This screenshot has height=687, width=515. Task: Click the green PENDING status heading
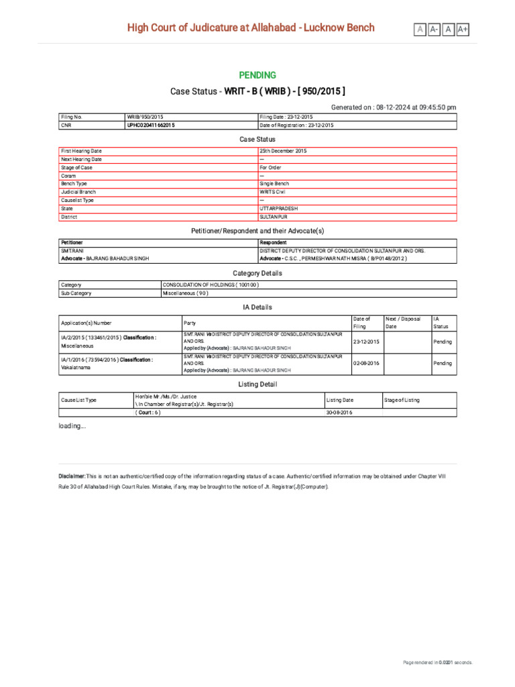[257, 75]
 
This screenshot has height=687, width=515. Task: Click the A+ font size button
[463, 29]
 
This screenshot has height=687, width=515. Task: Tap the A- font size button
[434, 29]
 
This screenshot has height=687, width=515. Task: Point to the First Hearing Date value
[283, 152]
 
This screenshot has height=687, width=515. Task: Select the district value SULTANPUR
[274, 217]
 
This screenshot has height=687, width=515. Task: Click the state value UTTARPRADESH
[279, 209]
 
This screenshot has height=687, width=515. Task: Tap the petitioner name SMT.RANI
[72, 250]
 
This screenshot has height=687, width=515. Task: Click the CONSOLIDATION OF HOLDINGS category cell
[211, 285]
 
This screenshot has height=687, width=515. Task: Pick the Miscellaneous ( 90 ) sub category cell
[186, 293]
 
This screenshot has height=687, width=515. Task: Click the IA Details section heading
[257, 307]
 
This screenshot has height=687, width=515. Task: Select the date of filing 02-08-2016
[366, 363]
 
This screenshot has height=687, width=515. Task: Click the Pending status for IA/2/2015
[443, 341]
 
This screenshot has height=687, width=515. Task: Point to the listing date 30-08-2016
[339, 413]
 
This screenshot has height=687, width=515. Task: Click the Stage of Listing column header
[402, 400]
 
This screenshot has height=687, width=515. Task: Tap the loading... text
[72, 426]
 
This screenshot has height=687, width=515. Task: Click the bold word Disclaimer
[72, 476]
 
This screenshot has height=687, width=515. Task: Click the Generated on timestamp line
[394, 107]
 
